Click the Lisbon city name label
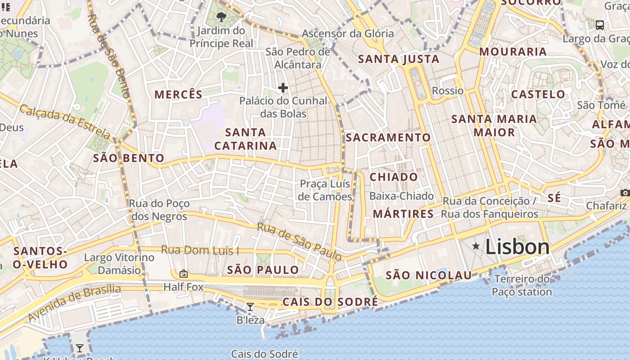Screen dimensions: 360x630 pos(517,247)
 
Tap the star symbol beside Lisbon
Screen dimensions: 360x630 pos(476,246)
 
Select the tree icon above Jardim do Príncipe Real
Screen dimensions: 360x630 pos(221,17)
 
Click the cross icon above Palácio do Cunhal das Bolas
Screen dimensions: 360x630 pos(283,87)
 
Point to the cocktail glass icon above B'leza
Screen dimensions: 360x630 pos(250,307)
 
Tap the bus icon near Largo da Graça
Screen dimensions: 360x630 pos(600,25)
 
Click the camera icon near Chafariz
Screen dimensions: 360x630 pos(625,193)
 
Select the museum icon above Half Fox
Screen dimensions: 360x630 pos(184,273)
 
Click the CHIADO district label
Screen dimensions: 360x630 pos(394,177)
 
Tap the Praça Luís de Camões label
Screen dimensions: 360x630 pos(326,190)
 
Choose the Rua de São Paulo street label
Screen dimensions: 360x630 pos(299,241)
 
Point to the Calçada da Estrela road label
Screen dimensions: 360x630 pos(65,121)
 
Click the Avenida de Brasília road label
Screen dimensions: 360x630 pos(74,303)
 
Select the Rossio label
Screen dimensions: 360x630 pos(447,91)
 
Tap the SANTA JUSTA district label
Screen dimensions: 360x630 pos(398,59)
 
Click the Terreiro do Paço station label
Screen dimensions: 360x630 pos(522,285)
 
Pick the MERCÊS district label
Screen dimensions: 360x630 pos(179,94)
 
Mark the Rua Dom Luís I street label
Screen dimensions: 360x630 pos(200,250)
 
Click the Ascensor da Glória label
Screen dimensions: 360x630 pos(347,34)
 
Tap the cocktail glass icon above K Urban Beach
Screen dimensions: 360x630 pos(80,348)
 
